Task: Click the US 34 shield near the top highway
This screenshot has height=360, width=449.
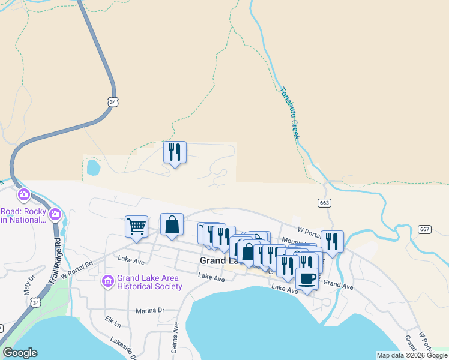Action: click(x=113, y=102)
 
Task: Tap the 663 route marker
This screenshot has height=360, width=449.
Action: click(x=324, y=203)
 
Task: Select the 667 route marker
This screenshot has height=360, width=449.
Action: click(x=425, y=229)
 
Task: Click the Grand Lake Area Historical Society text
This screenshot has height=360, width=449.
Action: click(x=149, y=282)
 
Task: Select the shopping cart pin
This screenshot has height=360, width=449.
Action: click(x=136, y=227)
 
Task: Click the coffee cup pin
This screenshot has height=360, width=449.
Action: click(x=307, y=279)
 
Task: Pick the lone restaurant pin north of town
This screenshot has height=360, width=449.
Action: click(x=175, y=152)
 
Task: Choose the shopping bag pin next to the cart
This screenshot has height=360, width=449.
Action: click(x=172, y=224)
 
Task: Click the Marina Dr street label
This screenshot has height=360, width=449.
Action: click(x=150, y=310)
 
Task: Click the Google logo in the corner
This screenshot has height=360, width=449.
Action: click(x=19, y=353)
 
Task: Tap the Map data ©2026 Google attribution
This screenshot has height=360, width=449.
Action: click(x=411, y=355)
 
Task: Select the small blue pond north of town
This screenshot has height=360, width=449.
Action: click(x=93, y=167)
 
